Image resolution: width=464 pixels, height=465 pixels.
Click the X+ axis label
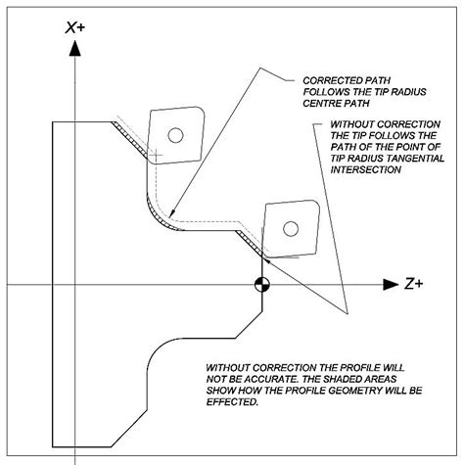[76, 29]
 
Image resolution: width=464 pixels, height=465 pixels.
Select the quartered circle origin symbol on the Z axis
[261, 285]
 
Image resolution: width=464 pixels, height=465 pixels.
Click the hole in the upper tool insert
[175, 135]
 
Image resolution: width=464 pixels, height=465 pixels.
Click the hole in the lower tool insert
[290, 228]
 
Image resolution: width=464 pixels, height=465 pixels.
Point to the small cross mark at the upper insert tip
[154, 155]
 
